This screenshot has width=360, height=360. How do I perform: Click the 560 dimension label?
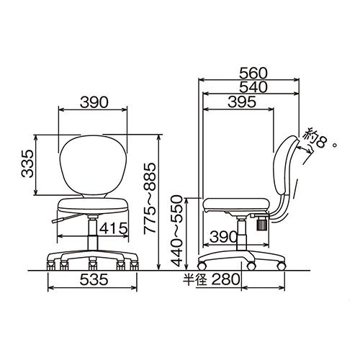[x=253, y=73]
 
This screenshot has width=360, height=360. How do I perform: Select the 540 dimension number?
[x=253, y=87]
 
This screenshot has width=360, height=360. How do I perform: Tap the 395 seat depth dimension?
[x=242, y=102]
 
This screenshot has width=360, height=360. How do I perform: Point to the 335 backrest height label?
[x=27, y=163]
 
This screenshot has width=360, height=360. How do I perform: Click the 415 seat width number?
[x=114, y=228]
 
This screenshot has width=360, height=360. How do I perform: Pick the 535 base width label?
[x=94, y=279]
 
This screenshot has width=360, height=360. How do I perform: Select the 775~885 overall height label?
[x=150, y=198]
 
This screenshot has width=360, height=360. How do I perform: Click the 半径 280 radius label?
[x=212, y=279]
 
